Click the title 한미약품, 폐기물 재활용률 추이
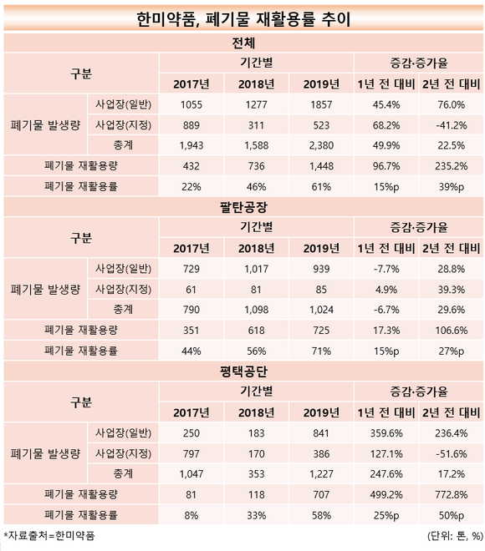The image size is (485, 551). (x=243, y=19)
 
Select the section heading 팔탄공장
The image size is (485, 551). (x=243, y=207)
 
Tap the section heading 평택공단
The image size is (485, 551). (x=243, y=372)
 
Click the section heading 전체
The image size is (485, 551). (x=243, y=43)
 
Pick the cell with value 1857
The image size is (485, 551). (x=321, y=104)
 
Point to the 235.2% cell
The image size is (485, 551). (x=452, y=166)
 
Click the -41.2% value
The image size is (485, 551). (x=452, y=125)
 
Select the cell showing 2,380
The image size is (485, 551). (x=321, y=145)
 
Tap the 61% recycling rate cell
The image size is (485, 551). (x=321, y=187)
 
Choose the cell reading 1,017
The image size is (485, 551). (x=256, y=269)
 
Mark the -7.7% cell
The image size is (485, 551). (x=386, y=269)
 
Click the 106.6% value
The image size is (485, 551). (x=452, y=331)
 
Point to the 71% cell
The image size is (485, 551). (x=321, y=351)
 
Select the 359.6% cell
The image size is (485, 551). (x=386, y=433)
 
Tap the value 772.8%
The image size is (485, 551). (x=452, y=495)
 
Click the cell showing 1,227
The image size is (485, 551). (x=321, y=474)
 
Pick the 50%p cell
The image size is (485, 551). (x=452, y=515)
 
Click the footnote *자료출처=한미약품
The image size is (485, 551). (x=49, y=535)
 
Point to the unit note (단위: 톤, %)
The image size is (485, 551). (x=455, y=536)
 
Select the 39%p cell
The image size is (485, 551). (x=452, y=187)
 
